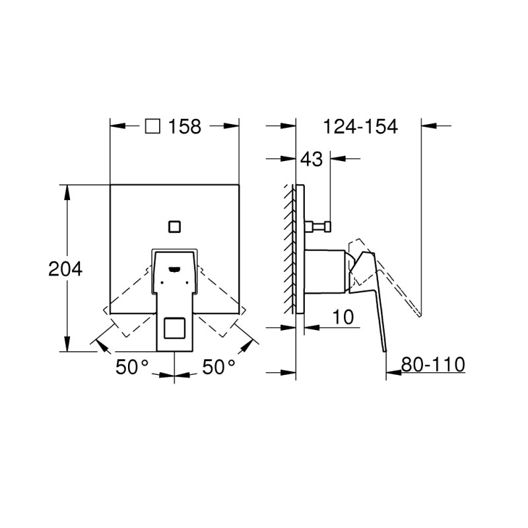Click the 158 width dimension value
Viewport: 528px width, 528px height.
[185, 127]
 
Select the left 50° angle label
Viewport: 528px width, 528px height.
[132, 368]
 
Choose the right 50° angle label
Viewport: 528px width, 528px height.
[218, 368]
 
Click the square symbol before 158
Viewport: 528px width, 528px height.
[152, 126]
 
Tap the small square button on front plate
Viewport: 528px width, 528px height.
[175, 226]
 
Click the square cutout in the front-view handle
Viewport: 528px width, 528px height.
[174, 330]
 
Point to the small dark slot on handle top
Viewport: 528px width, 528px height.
[175, 269]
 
